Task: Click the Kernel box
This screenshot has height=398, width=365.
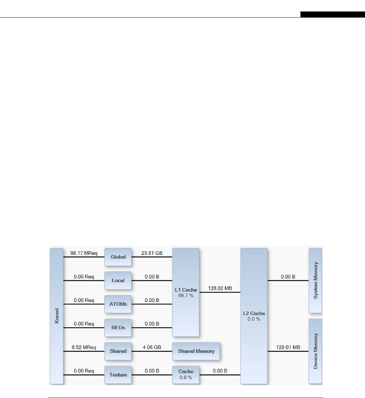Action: (x=56, y=316)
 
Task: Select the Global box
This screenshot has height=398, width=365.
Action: (x=118, y=257)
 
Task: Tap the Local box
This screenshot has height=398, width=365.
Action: (x=118, y=280)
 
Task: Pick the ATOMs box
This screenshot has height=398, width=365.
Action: (x=118, y=304)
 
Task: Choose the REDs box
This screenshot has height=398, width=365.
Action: (x=118, y=328)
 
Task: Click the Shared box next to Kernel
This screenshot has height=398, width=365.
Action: (x=118, y=351)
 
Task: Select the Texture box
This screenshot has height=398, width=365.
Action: (x=118, y=375)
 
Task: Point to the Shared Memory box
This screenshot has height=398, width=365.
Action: (x=196, y=351)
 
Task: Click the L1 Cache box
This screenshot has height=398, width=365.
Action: (x=186, y=292)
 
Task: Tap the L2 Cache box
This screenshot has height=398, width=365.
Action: (x=254, y=316)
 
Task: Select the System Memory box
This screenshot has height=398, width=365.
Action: (x=315, y=280)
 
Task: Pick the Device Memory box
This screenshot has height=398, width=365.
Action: (x=315, y=351)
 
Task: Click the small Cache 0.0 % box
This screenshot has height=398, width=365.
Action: (x=186, y=375)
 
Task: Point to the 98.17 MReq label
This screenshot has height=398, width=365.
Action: (x=84, y=253)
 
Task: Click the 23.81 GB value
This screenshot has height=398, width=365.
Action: (x=152, y=253)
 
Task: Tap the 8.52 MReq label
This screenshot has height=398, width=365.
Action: (x=84, y=347)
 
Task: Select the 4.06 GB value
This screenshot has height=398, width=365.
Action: (x=152, y=347)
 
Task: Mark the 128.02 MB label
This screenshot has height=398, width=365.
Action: (x=220, y=289)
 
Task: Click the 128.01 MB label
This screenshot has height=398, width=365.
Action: (x=288, y=347)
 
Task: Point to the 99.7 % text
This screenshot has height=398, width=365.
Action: (x=186, y=296)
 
